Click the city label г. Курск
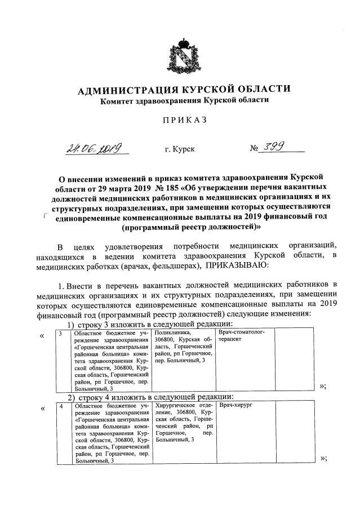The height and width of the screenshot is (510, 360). click(x=180, y=149)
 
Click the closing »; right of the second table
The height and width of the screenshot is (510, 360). click(x=323, y=458)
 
